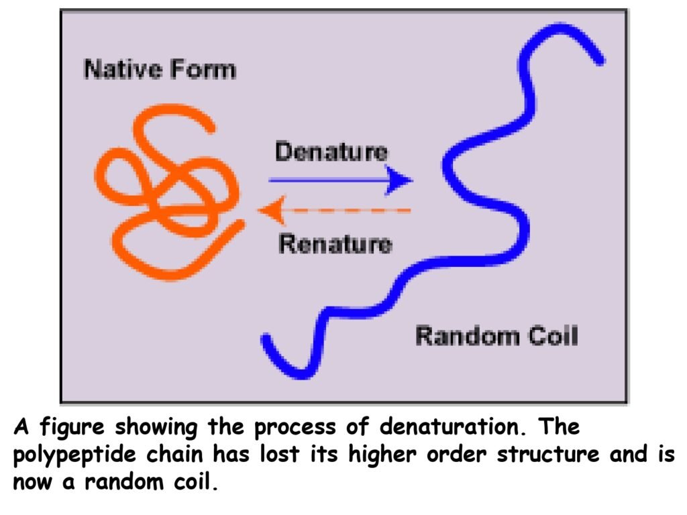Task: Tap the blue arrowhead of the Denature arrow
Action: (401, 180)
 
